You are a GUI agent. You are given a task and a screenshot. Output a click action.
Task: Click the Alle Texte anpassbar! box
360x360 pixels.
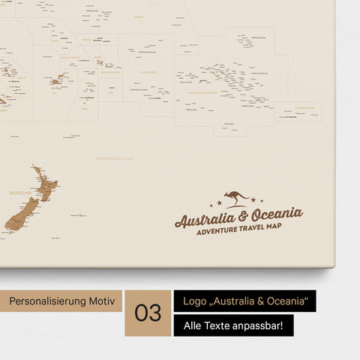[233, 326]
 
